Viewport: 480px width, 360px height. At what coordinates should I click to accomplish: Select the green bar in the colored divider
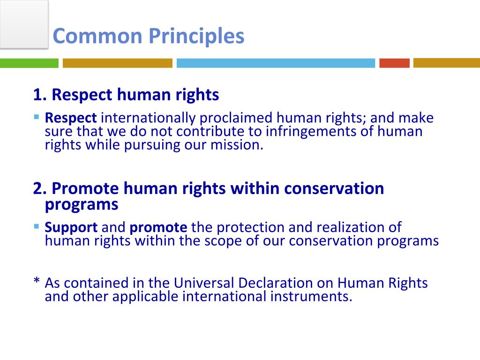(29, 63)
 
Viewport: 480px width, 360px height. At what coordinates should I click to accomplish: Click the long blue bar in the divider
(276, 63)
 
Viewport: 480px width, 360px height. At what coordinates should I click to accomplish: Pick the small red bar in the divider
(394, 63)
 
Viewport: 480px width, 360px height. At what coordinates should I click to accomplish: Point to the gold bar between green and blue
(118, 63)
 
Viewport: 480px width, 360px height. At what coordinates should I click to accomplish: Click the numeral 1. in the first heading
(40, 95)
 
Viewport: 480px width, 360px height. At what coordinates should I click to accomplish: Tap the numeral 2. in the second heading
(40, 188)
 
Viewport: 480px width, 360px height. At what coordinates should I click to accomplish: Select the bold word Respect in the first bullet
(71, 118)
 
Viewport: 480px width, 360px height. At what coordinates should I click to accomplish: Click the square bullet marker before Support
(37, 226)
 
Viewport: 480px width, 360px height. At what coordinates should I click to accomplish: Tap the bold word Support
(71, 228)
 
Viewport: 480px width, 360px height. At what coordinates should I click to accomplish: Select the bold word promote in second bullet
(158, 228)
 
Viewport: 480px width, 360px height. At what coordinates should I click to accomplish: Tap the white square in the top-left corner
(24, 23)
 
